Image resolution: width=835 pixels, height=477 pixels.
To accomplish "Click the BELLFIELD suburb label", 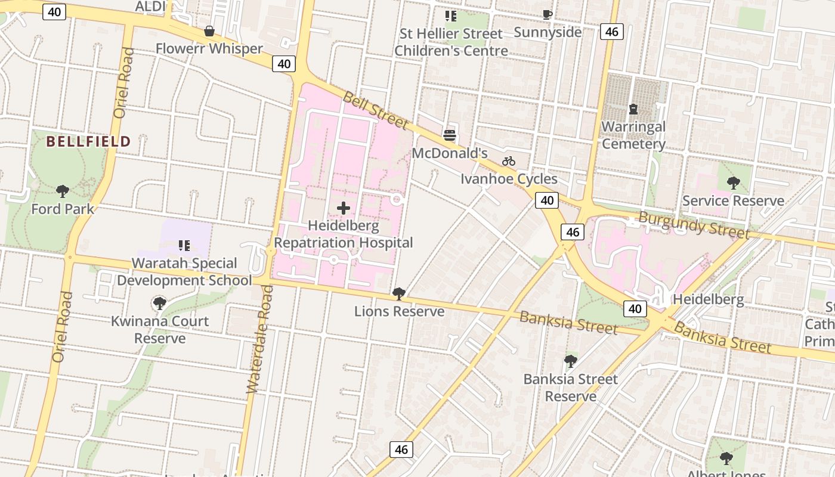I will (88, 141).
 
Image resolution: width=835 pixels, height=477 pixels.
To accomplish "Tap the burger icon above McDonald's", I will (450, 135).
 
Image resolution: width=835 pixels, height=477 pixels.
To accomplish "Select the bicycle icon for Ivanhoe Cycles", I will (509, 161).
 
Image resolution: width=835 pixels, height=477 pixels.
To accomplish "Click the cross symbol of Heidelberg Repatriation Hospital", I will (344, 208).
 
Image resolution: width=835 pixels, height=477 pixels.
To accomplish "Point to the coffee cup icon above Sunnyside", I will (548, 15).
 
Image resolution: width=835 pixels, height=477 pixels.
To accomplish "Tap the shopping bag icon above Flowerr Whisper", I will (209, 31).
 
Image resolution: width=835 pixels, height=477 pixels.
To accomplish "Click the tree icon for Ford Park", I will (63, 191).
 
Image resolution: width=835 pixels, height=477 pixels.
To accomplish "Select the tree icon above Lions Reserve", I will (399, 293).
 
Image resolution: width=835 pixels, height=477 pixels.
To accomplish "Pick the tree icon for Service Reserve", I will (733, 183).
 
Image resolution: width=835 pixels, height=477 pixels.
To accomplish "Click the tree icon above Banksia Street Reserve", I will (571, 361).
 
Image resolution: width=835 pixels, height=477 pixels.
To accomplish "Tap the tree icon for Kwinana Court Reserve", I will (160, 303).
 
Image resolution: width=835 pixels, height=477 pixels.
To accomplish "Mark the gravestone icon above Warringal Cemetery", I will (633, 109).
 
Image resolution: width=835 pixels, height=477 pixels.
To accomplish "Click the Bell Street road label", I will (375, 110).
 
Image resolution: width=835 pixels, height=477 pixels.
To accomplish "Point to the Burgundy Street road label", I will (693, 224).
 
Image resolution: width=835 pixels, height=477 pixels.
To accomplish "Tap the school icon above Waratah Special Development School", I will (184, 245).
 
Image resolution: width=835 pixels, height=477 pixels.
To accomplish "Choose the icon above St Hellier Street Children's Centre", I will (451, 16).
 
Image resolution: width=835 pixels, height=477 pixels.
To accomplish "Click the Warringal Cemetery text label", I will (633, 135).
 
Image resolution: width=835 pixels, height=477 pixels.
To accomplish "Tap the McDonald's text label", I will (450, 153).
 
